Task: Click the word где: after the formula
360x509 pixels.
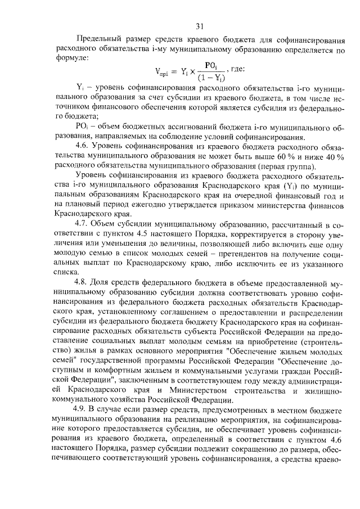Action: [232, 70]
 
